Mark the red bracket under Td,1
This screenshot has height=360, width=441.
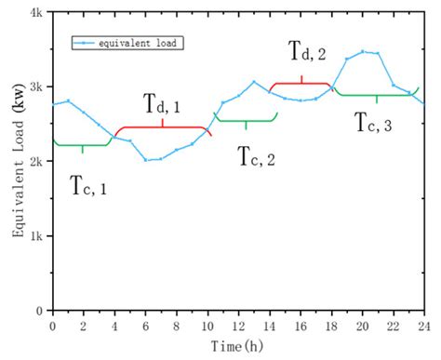162,127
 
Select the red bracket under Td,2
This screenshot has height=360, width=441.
301,84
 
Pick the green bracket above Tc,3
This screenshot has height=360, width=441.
377,95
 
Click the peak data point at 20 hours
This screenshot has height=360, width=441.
362,52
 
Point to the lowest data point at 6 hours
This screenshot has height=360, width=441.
145,160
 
